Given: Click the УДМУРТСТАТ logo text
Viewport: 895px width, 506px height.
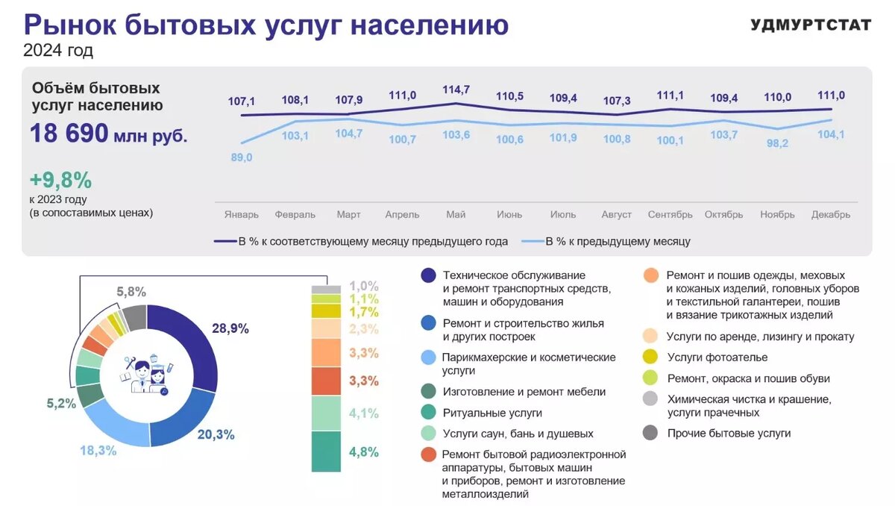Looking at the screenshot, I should coord(811,25).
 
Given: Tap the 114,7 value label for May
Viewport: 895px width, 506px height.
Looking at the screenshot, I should coord(456,90).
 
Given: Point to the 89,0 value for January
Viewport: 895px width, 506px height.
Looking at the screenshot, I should coord(242,157).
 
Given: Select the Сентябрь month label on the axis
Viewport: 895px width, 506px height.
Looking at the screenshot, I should coord(670,214).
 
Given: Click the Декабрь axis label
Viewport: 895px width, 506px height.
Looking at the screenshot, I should coord(831,214).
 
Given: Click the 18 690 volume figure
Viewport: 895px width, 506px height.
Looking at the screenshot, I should coord(69,134).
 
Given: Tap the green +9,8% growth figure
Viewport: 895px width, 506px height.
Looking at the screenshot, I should coord(60,180).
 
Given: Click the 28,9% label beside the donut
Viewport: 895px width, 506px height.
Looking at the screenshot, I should coord(231,328).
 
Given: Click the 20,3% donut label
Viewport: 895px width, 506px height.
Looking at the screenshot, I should coord(216,434).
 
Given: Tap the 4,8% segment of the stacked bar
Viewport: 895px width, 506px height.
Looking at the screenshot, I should coord(326,452).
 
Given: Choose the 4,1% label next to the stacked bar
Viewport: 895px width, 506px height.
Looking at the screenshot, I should coord(364,413).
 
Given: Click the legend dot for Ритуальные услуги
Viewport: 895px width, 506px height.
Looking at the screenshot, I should coord(428,412).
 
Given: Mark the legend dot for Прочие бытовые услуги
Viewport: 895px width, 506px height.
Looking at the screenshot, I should coord(650,433).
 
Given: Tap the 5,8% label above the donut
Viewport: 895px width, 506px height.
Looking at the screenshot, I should coord(131,292).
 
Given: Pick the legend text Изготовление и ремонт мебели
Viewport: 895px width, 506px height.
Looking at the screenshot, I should coord(524,391).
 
